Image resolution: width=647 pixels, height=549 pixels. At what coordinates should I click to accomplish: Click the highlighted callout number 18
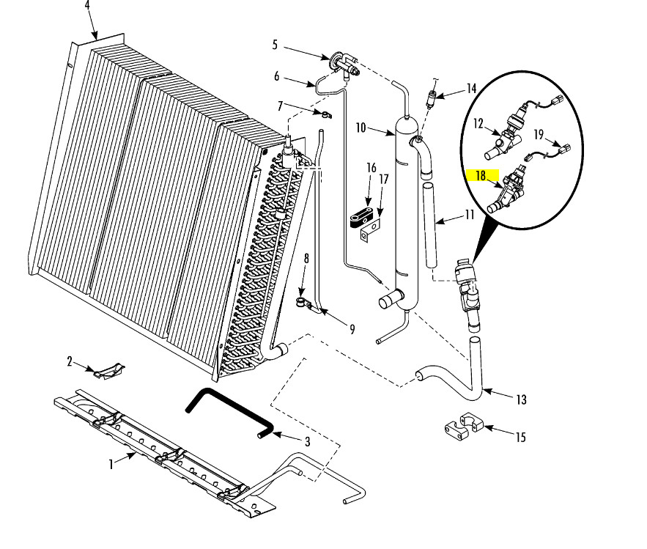481,176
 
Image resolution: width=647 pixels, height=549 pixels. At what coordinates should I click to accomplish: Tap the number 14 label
470,89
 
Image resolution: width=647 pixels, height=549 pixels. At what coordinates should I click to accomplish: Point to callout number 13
521,399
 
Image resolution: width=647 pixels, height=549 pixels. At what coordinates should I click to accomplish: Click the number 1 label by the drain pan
111,464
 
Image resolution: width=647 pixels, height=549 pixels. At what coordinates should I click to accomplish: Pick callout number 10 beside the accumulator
361,128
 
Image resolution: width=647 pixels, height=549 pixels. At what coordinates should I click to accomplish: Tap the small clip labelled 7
323,114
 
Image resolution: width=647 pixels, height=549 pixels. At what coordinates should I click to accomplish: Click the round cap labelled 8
300,301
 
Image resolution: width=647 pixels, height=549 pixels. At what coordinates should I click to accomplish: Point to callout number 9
352,329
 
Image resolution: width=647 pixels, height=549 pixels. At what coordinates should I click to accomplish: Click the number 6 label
277,76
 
